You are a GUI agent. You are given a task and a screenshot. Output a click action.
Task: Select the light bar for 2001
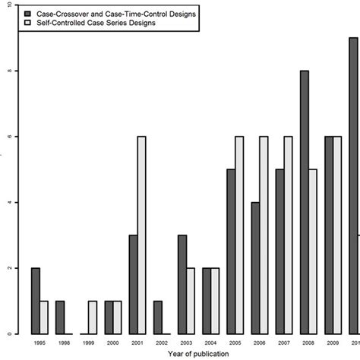pos(141,235)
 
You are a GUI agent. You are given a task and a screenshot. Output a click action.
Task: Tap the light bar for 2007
pos(288,235)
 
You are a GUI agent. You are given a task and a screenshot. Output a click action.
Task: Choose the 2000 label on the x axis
pos(113,343)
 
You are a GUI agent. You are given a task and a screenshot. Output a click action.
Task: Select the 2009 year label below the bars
pos(332,343)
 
